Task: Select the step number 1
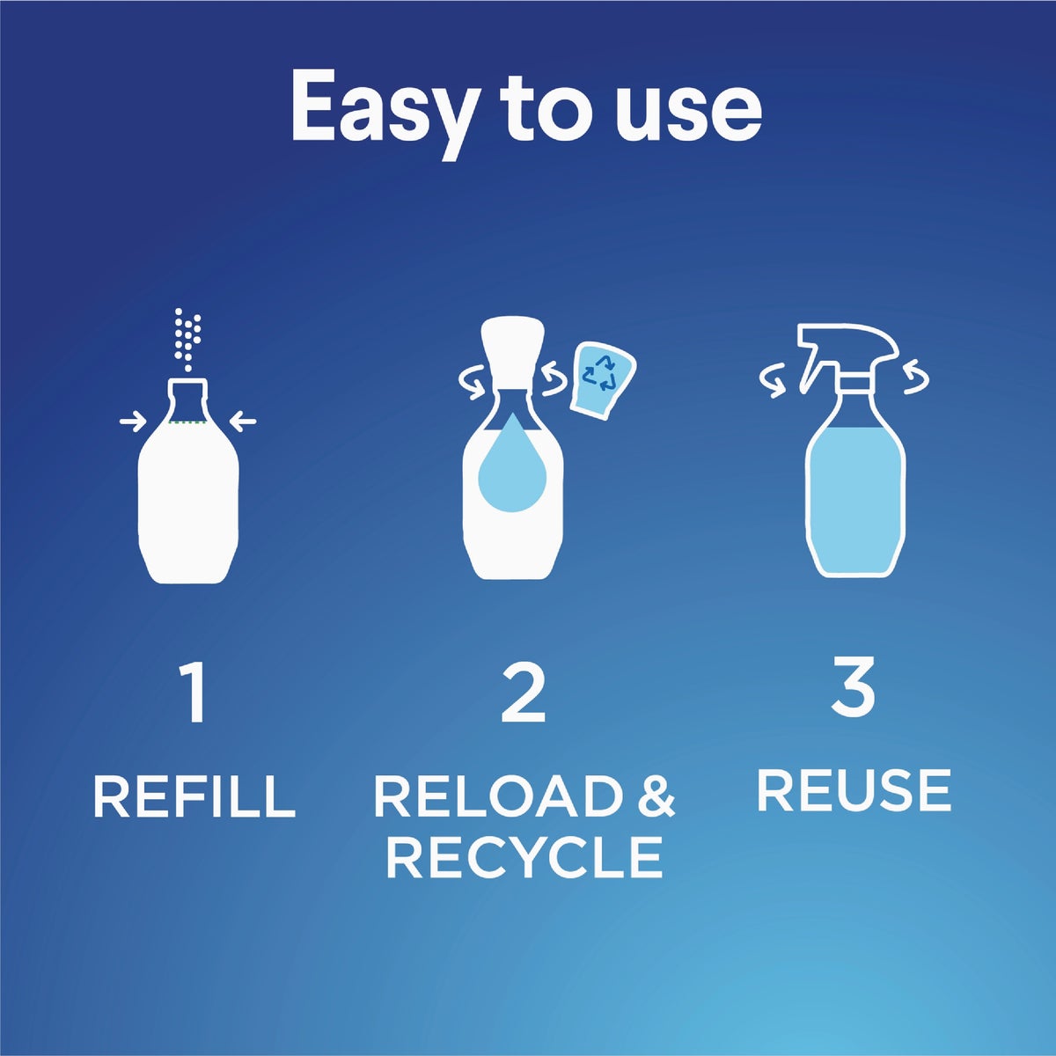click(x=194, y=693)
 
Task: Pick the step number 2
click(x=524, y=693)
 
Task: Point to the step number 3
click(x=853, y=688)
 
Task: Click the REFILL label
click(x=194, y=796)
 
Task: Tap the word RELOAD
click(x=497, y=796)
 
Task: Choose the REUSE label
click(x=854, y=790)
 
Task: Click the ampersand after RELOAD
click(x=655, y=796)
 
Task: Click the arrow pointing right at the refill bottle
click(x=133, y=423)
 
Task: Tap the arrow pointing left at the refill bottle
click(x=243, y=423)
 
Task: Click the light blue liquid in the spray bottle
click(x=855, y=497)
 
